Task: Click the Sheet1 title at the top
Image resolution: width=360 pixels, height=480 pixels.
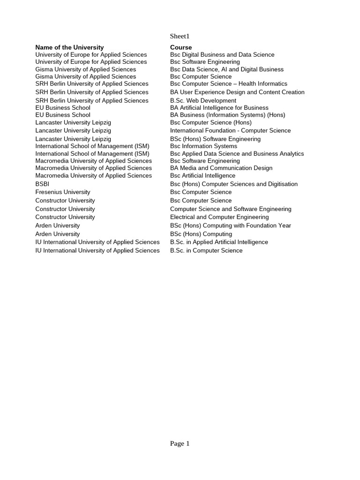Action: [180, 36]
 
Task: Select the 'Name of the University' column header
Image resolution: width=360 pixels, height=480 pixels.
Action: [69, 47]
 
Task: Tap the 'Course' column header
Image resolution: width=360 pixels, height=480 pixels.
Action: [181, 47]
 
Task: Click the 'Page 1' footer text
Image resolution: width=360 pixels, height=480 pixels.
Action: [180, 443]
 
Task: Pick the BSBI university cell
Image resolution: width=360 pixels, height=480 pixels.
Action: [42, 184]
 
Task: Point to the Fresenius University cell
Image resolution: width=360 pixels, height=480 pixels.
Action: [63, 192]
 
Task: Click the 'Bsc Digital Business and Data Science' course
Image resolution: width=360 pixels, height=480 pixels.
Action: [222, 54]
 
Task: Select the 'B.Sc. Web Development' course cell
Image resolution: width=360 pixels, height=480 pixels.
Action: [203, 100]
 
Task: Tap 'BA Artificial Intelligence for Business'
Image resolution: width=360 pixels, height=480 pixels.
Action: [219, 107]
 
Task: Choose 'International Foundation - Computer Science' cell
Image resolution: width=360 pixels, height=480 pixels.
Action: [230, 130]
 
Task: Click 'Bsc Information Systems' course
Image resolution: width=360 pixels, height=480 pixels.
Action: [203, 146]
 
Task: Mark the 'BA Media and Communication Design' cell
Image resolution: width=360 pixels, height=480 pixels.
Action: [221, 168]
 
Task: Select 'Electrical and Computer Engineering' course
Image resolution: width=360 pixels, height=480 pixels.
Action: [219, 217]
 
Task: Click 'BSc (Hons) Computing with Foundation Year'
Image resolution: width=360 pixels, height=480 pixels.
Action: [231, 225]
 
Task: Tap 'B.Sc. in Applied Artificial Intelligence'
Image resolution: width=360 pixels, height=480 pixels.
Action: [219, 242]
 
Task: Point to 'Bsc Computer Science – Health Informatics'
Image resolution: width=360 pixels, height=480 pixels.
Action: [229, 83]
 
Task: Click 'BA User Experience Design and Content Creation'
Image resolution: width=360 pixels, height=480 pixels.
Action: [237, 92]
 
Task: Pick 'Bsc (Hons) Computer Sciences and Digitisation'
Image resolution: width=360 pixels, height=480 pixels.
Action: [234, 184]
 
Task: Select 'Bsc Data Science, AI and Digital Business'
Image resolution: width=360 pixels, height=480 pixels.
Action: [227, 69]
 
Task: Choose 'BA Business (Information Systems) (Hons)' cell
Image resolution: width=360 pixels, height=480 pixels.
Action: [227, 114]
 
